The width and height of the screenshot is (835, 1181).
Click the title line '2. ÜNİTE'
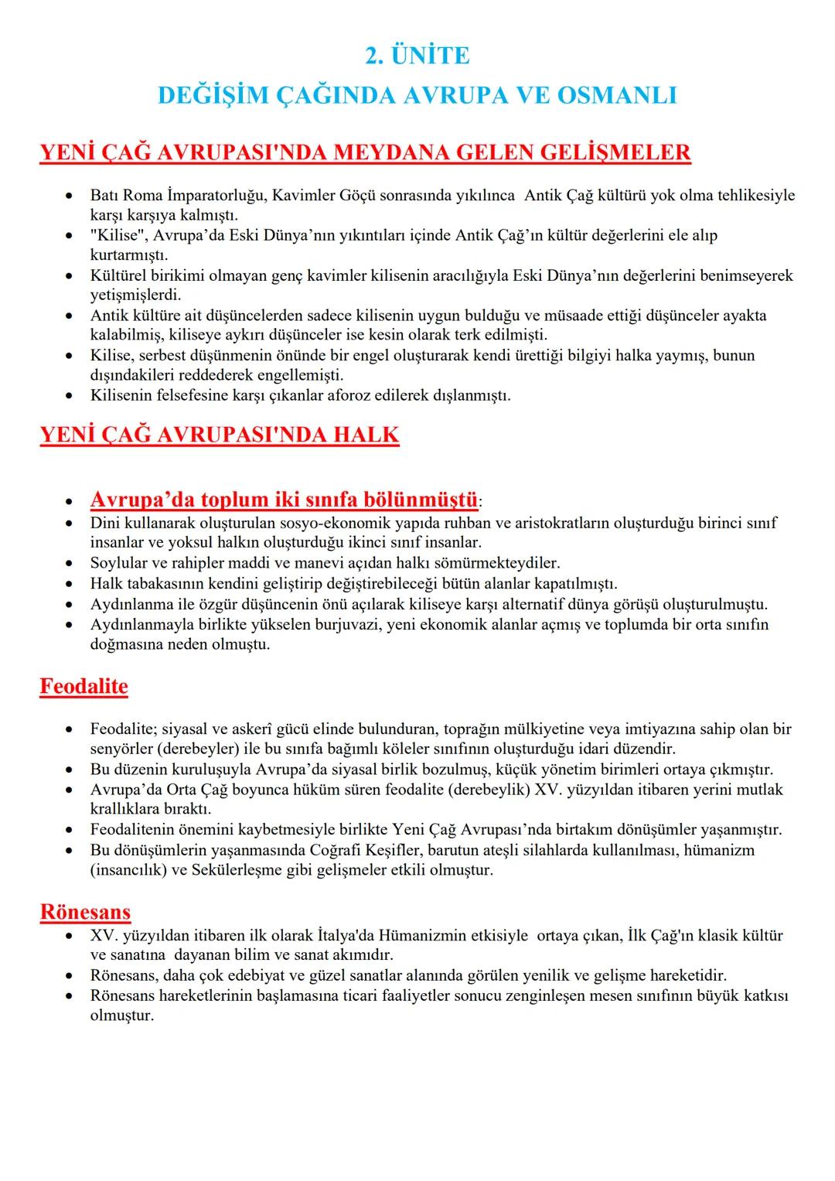417,56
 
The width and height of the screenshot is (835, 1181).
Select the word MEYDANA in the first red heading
393,152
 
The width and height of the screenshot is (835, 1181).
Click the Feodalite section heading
83,687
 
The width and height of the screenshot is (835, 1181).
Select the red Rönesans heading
85,912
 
